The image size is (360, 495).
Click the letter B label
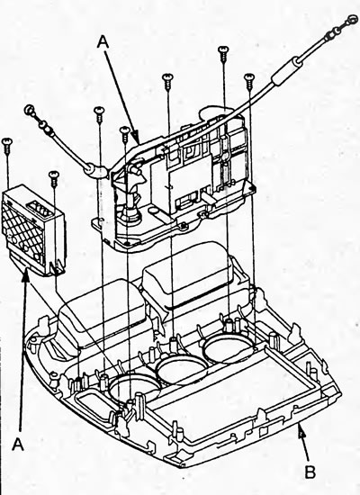point(310,472)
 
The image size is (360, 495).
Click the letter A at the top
point(103,41)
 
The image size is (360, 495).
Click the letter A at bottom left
point(18,445)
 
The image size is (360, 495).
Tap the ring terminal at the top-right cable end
point(351,20)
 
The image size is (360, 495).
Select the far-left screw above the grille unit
point(6,146)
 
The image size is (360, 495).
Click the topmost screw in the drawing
point(223,54)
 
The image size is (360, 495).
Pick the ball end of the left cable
point(30,110)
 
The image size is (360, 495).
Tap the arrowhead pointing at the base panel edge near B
point(301,428)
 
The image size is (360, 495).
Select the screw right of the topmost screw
point(249,81)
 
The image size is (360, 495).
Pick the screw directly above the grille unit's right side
point(54,179)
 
